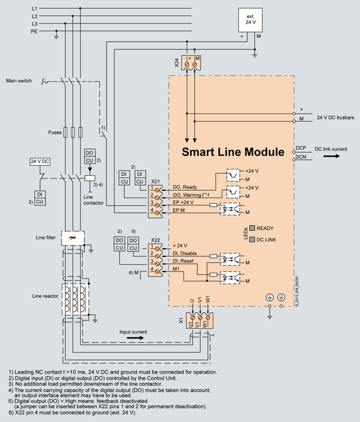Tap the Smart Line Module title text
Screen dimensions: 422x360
[x=232, y=152]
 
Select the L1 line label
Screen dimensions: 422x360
[x=35, y=8]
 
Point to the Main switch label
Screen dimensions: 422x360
[x=19, y=81]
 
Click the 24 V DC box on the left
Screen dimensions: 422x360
[x=40, y=161]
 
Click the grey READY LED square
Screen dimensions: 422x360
[x=253, y=228]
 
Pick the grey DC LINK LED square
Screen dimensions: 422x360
[x=253, y=240]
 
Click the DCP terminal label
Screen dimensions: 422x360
[x=301, y=148]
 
